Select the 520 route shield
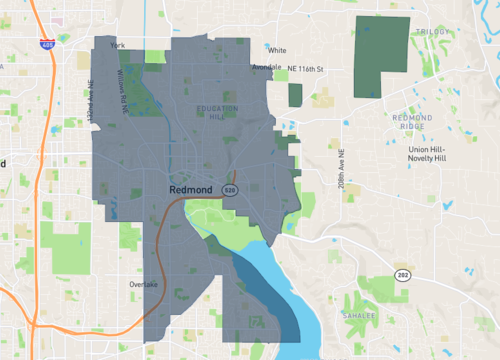coord(230,188)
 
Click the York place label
coord(117,46)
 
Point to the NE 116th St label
coord(307,67)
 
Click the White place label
coord(277,50)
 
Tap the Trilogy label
coord(434,32)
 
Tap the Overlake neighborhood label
coord(144,284)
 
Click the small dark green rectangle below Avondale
coord(295,95)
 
